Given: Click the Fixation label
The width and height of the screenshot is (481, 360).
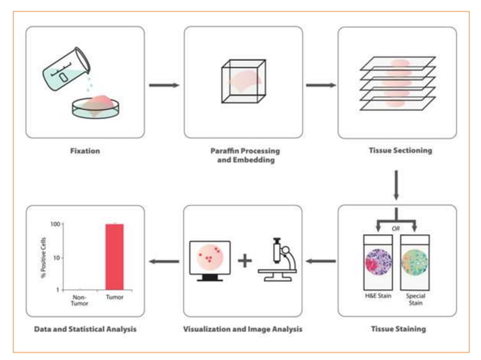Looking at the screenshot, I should click(85, 151).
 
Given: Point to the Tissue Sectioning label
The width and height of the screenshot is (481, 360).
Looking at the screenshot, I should click(397, 151).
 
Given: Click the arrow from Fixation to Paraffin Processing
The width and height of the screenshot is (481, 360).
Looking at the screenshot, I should click(164, 84).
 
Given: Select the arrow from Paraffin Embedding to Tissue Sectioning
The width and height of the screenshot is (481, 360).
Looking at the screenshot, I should click(320, 84).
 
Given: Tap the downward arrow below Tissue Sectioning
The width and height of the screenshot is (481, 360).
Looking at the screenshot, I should click(397, 185).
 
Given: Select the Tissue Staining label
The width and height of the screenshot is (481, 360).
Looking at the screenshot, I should click(397, 329).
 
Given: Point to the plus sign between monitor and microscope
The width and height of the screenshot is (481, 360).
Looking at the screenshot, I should click(244, 262).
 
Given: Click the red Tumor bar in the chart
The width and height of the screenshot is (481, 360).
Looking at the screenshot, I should click(114, 256).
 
